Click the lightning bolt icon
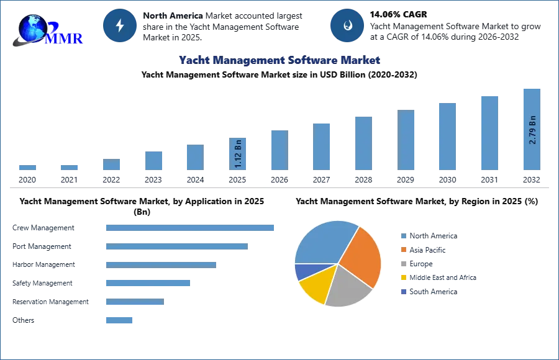pos(120,25)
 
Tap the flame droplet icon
pos(347,25)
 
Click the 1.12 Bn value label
pos(238,153)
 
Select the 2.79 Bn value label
pos(532,129)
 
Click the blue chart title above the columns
pos(280,60)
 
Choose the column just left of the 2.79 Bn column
pos(489,133)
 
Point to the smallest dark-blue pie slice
pos(302,271)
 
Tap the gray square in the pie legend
pos(402,263)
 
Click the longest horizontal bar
pos(191,228)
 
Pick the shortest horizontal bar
pos(119,320)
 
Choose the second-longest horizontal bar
pos(176,248)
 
